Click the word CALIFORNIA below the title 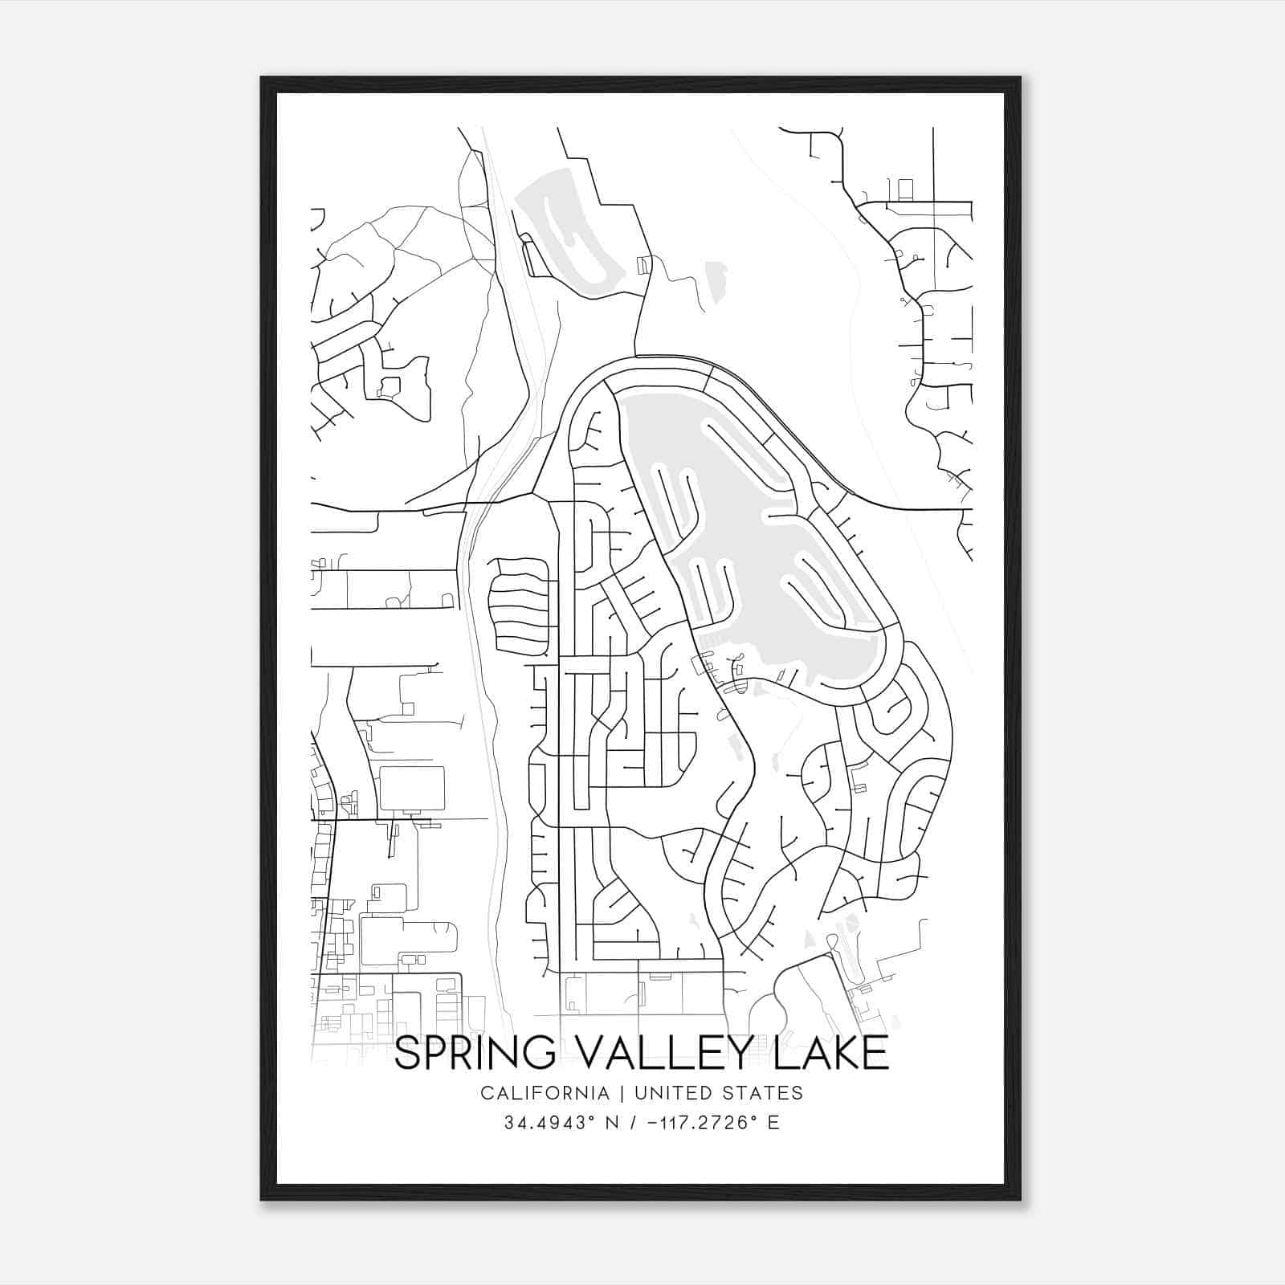(545, 1093)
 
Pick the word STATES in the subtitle (769, 1093)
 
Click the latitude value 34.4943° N (550, 1123)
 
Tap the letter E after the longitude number (773, 1123)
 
